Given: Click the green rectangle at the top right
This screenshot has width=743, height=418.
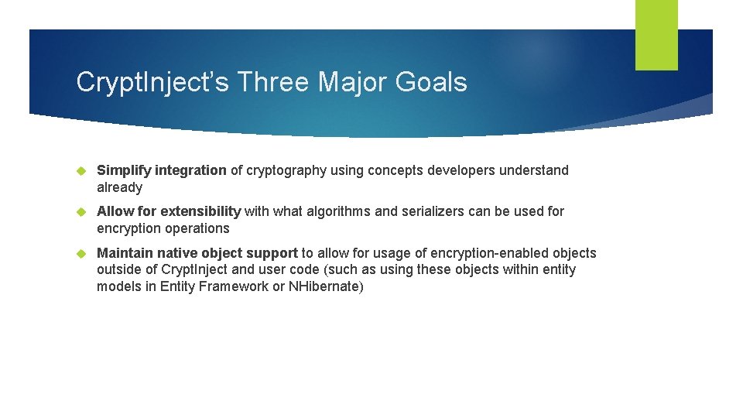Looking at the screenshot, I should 656,35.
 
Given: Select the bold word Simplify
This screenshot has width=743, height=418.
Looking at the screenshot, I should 124,170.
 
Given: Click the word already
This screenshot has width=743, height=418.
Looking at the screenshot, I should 119,187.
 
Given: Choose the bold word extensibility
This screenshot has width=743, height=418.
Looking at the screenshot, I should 200,211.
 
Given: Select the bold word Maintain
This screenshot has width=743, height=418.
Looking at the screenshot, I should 125,253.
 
